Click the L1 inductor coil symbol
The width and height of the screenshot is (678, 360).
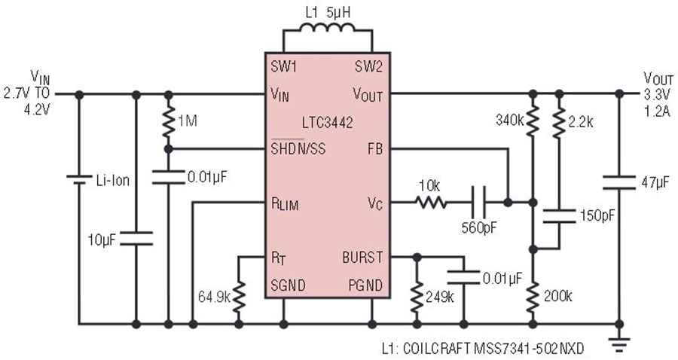click(x=327, y=28)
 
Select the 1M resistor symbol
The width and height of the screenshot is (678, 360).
click(x=169, y=121)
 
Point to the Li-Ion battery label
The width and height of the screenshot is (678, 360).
click(x=113, y=180)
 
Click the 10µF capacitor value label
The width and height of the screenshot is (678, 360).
click(x=102, y=240)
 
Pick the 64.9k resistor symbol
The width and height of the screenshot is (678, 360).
click(x=239, y=297)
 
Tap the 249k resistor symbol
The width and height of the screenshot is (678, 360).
click(x=417, y=297)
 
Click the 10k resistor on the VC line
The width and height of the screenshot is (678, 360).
click(x=431, y=203)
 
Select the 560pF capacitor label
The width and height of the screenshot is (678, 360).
click(x=479, y=227)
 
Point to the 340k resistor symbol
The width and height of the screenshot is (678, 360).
click(x=533, y=121)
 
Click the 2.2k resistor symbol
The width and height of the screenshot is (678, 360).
click(x=559, y=122)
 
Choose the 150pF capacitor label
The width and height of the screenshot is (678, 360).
click(x=597, y=215)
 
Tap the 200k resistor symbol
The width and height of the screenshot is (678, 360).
click(x=533, y=297)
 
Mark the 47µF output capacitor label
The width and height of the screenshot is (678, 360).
click(x=655, y=183)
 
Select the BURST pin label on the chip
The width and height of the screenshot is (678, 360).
click(x=362, y=258)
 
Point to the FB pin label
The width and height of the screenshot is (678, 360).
click(x=375, y=149)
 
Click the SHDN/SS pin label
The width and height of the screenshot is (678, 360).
click(x=298, y=148)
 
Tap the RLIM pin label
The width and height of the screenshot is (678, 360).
click(x=285, y=204)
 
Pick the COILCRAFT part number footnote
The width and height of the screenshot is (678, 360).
click(x=483, y=349)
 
